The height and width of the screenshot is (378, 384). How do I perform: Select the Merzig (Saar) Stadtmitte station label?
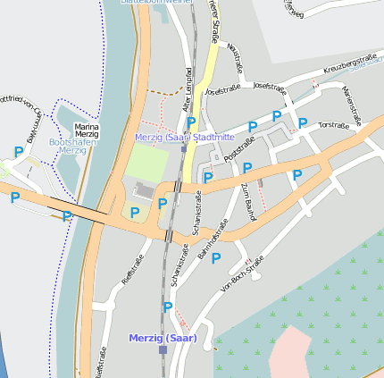coord(184,138)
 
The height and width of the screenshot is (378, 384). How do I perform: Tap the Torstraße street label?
coord(333,126)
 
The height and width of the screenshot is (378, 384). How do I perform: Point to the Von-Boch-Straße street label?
coord(241,274)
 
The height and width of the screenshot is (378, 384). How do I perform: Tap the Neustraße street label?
coord(236,58)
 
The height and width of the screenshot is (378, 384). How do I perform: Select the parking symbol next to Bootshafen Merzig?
coord(18,153)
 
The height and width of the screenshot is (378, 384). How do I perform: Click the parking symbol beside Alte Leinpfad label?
coord(190,122)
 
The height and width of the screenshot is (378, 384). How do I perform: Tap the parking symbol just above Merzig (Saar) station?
coord(167,307)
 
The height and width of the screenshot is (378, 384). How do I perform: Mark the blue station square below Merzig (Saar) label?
coord(163,350)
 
